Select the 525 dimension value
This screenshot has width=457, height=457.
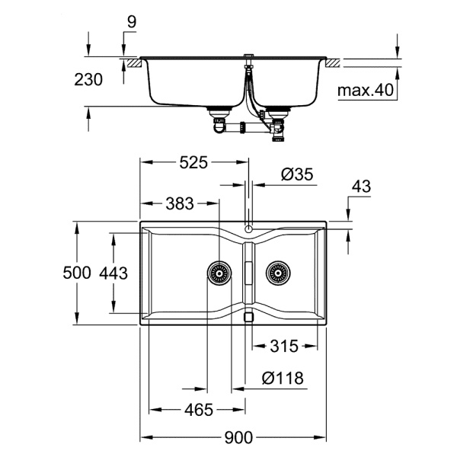194,162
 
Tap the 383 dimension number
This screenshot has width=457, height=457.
180,203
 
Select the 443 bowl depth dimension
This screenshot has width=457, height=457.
113,273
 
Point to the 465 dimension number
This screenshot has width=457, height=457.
198,411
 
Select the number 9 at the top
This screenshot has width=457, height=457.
131,24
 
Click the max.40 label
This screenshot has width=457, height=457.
366,91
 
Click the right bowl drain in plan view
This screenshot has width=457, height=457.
278,272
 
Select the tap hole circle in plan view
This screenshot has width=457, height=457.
249,228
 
